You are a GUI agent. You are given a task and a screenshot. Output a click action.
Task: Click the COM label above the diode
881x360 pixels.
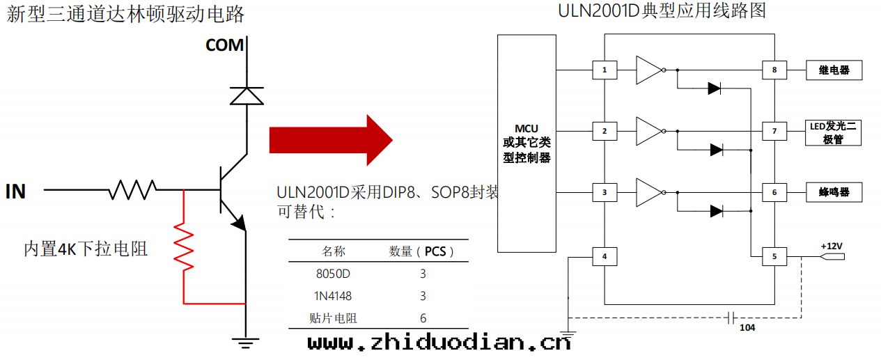(225, 45)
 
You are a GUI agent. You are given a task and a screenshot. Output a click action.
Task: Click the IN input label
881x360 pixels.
(15, 191)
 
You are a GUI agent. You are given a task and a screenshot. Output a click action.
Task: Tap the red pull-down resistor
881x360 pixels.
(183, 246)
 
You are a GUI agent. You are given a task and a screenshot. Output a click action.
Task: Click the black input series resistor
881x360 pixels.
(132, 189)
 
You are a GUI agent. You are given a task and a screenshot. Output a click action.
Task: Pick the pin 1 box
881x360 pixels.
(605, 70)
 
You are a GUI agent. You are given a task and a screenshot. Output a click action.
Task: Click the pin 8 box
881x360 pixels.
(774, 70)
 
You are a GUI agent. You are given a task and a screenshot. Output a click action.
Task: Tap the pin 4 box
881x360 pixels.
(605, 257)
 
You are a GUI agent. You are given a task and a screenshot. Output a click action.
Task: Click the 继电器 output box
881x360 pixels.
(834, 70)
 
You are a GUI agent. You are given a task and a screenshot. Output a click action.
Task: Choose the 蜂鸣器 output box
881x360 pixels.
(834, 192)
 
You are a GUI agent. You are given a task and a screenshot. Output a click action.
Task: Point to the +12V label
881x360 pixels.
(833, 246)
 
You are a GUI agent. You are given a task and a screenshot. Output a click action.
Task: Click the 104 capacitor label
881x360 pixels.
(747, 327)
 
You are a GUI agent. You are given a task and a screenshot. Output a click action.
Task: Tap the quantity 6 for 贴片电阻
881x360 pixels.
(423, 318)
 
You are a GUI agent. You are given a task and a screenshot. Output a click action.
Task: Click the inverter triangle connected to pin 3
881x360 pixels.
(647, 191)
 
